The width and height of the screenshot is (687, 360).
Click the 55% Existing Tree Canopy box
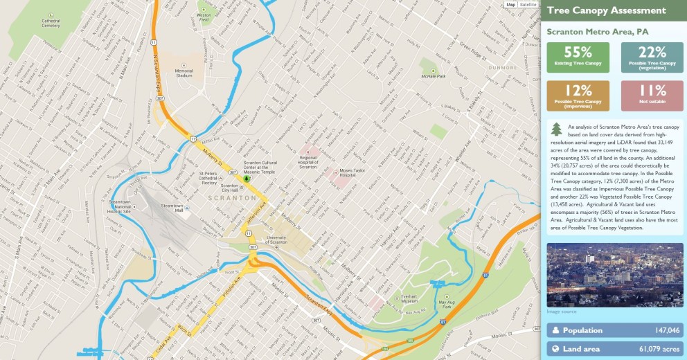pyautogui.click(x=578, y=57)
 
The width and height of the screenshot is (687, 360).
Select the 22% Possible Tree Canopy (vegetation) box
pyautogui.click(x=652, y=57)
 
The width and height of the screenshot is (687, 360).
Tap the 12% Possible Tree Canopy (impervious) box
pyautogui.click(x=578, y=96)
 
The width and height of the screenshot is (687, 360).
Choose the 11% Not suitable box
pyautogui.click(x=652, y=96)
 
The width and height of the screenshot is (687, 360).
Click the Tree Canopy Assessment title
pyautogui.click(x=597, y=10)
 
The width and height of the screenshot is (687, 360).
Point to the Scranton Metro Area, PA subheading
pyautogui.click(x=597, y=32)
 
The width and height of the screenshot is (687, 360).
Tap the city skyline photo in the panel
pyautogui.click(x=615, y=276)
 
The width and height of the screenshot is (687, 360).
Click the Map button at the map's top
pyautogui.click(x=511, y=4)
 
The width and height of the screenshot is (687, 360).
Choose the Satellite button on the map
pyautogui.click(x=528, y=4)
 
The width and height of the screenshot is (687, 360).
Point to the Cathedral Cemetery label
pyautogui.click(x=51, y=23)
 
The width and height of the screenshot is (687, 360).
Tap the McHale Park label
pyautogui.click(x=433, y=75)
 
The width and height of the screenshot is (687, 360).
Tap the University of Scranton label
pyautogui.click(x=276, y=240)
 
